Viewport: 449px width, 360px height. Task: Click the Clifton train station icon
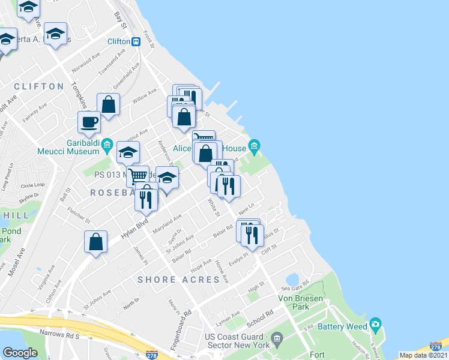pyautogui.click(x=136, y=41)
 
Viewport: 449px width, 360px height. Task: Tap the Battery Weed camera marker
pyautogui.click(x=376, y=325)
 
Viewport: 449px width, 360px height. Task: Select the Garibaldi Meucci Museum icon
pyautogui.click(x=107, y=144)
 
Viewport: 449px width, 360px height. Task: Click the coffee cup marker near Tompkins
pyautogui.click(x=89, y=122)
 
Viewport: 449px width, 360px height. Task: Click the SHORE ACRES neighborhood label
pyautogui.click(x=178, y=280)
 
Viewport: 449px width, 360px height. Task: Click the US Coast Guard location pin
pyautogui.click(x=277, y=339)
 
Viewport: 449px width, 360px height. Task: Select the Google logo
pyautogui.click(x=20, y=352)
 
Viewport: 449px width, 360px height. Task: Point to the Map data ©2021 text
pyautogui.click(x=424, y=355)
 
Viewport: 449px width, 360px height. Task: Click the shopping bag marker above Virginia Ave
pyautogui.click(x=96, y=242)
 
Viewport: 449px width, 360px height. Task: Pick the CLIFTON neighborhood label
pyautogui.click(x=38, y=86)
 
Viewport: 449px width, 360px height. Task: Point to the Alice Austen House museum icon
pyautogui.click(x=254, y=146)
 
